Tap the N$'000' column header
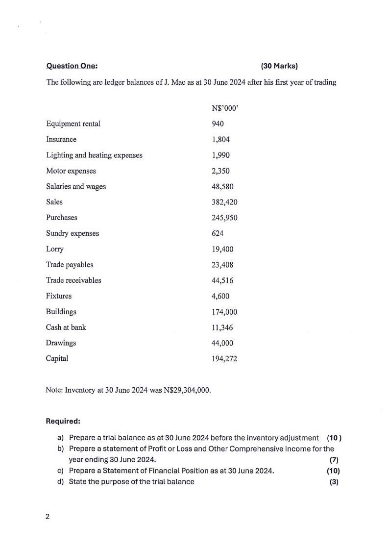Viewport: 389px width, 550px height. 224,108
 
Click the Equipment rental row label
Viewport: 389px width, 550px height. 73,124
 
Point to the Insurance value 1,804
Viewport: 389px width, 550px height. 220,139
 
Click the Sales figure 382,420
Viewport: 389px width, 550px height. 224,202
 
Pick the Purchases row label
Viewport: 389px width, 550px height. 62,218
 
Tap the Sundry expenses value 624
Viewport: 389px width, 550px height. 218,233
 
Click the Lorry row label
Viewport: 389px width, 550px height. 55,249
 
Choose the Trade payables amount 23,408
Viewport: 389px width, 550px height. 222,265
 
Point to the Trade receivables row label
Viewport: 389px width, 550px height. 73,280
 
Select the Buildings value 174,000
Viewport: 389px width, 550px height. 224,312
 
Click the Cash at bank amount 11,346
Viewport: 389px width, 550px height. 222,327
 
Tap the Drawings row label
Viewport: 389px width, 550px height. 61,343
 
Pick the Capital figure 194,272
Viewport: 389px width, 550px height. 224,359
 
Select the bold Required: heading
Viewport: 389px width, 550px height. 63,421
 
